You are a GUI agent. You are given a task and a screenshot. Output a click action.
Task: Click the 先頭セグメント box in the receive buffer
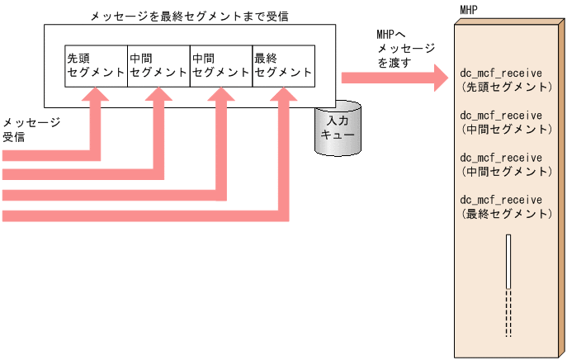[96, 65]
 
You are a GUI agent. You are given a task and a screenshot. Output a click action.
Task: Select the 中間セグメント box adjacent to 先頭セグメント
[158, 65]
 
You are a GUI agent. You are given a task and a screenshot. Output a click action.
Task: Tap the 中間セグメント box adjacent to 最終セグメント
[221, 65]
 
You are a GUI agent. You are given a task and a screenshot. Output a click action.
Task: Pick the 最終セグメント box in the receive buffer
[284, 65]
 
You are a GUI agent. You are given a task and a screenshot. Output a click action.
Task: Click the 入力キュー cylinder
[338, 128]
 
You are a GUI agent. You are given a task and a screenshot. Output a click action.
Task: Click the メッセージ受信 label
[31, 130]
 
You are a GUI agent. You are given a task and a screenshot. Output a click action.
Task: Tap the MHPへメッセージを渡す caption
[404, 49]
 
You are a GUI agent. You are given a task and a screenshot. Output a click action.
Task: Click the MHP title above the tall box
[469, 10]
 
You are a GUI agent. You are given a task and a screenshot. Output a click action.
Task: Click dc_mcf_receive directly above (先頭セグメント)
[501, 72]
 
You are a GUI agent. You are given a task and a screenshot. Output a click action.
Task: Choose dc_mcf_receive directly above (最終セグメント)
[501, 200]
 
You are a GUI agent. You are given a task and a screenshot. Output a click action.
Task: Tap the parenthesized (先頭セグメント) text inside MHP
[506, 86]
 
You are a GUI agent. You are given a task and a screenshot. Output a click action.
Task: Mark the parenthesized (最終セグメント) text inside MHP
[506, 214]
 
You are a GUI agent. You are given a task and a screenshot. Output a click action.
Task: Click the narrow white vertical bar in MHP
[508, 261]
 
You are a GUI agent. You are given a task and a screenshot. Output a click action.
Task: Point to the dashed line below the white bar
[508, 314]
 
